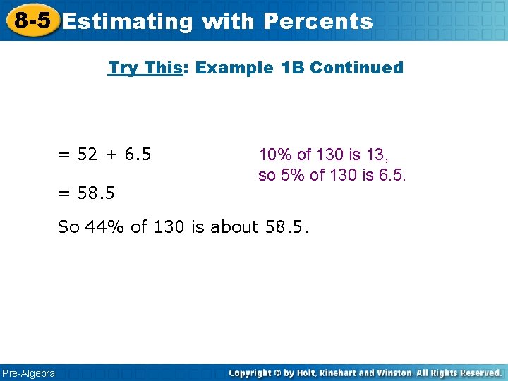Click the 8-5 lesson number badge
[x=32, y=20]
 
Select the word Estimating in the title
[x=127, y=21]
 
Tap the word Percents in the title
[x=317, y=21]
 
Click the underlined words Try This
[x=145, y=68]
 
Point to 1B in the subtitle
[x=293, y=68]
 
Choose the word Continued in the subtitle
[x=356, y=68]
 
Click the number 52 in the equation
[x=87, y=155]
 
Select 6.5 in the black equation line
[x=137, y=155]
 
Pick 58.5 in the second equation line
[x=97, y=192]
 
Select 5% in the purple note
[x=288, y=175]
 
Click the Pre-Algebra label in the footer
[x=28, y=373]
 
